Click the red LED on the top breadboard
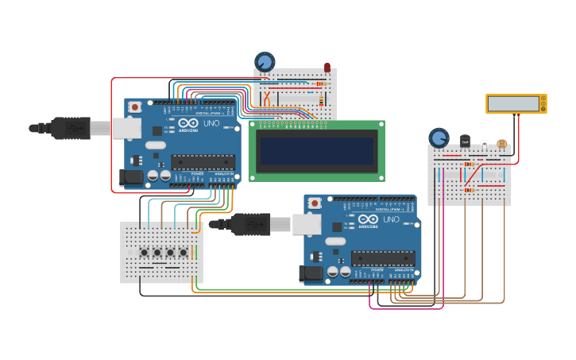point(327,69)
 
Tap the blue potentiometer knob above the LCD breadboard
point(265,61)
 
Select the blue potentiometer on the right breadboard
point(439,137)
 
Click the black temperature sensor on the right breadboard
point(465,141)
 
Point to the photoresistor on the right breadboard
point(501,144)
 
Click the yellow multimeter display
point(516,104)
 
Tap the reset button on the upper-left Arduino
point(135,106)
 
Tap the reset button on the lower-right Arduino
point(315,203)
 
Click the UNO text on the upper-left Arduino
point(211,123)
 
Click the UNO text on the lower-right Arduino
point(391,219)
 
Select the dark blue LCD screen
point(317,150)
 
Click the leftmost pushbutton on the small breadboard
point(145,253)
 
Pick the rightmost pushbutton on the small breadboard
point(184,253)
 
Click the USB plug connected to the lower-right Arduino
point(253,224)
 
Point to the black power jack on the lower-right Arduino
point(311,274)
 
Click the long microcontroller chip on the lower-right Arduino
point(382,258)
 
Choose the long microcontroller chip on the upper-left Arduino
point(203,162)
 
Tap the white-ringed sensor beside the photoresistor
point(484,144)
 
